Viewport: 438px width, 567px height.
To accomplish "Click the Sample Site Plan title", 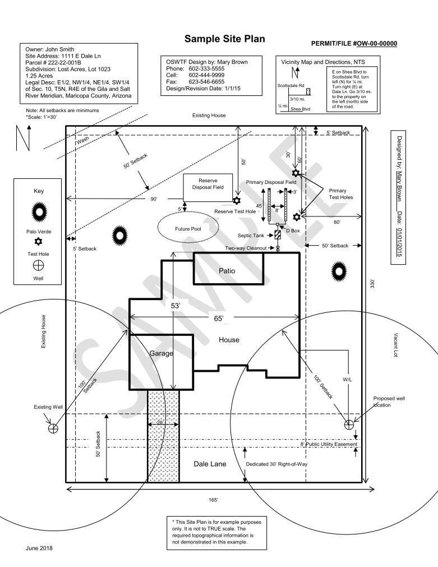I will point(224,39).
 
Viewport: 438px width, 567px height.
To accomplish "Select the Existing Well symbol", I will point(53,428).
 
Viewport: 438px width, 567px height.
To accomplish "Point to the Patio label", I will point(227,271).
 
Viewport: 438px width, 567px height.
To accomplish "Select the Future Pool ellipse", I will point(188,229).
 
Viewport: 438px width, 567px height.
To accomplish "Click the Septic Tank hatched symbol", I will point(278,235).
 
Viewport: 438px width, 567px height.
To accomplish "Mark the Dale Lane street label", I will point(209,464).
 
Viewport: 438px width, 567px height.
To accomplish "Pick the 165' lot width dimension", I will point(214,499).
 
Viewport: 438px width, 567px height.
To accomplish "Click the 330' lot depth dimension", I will point(372,284).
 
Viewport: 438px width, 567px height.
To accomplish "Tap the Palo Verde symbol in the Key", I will point(39,211).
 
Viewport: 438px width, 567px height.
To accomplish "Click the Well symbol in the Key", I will point(39,265).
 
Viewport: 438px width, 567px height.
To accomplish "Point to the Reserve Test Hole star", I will point(237,200).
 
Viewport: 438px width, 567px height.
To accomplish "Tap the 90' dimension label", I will point(153,199).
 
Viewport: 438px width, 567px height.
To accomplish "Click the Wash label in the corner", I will point(82,142).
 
